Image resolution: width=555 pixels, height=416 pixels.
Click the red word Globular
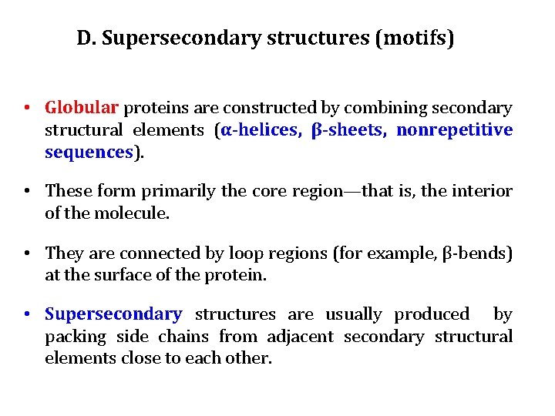[x=82, y=107]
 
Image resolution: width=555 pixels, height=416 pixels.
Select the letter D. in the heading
[x=86, y=38]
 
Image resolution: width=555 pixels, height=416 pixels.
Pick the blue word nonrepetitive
[x=454, y=129]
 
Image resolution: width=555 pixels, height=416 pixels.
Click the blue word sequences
[x=89, y=152]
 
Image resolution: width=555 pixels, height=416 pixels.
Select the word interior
[x=483, y=191]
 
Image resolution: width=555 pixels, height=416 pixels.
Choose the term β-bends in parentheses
[x=476, y=253]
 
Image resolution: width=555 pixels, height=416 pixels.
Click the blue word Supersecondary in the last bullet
[x=113, y=314]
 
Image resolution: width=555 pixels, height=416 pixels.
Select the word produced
[x=432, y=314]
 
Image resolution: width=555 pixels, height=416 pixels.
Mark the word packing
[x=75, y=337]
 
